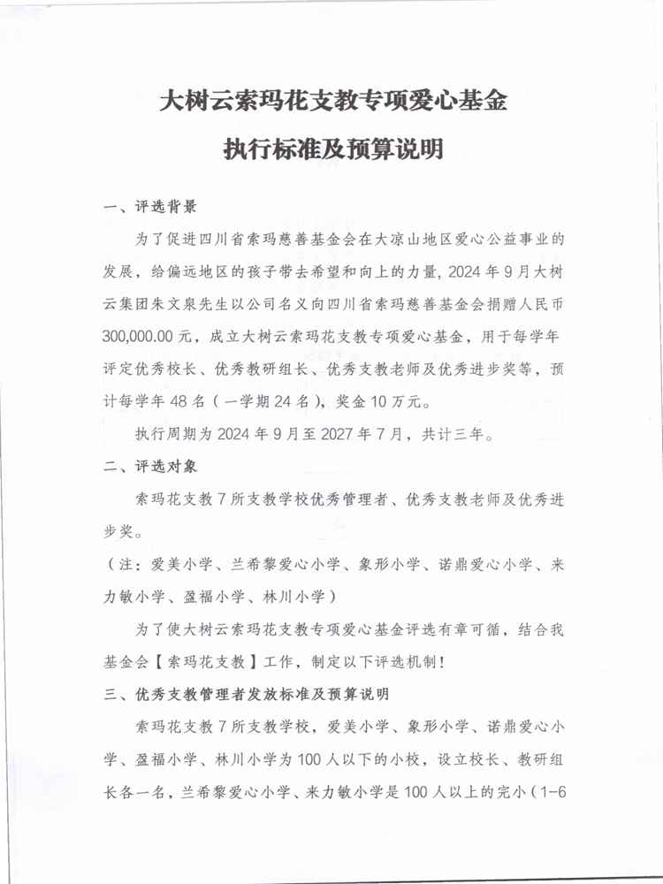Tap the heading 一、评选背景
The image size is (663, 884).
click(x=149, y=209)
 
